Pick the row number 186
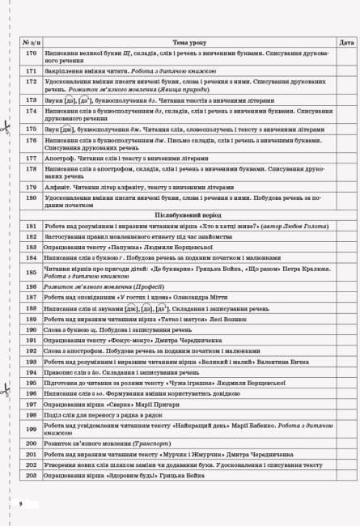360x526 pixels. pos(32,286)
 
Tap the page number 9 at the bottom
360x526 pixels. pos(19,503)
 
